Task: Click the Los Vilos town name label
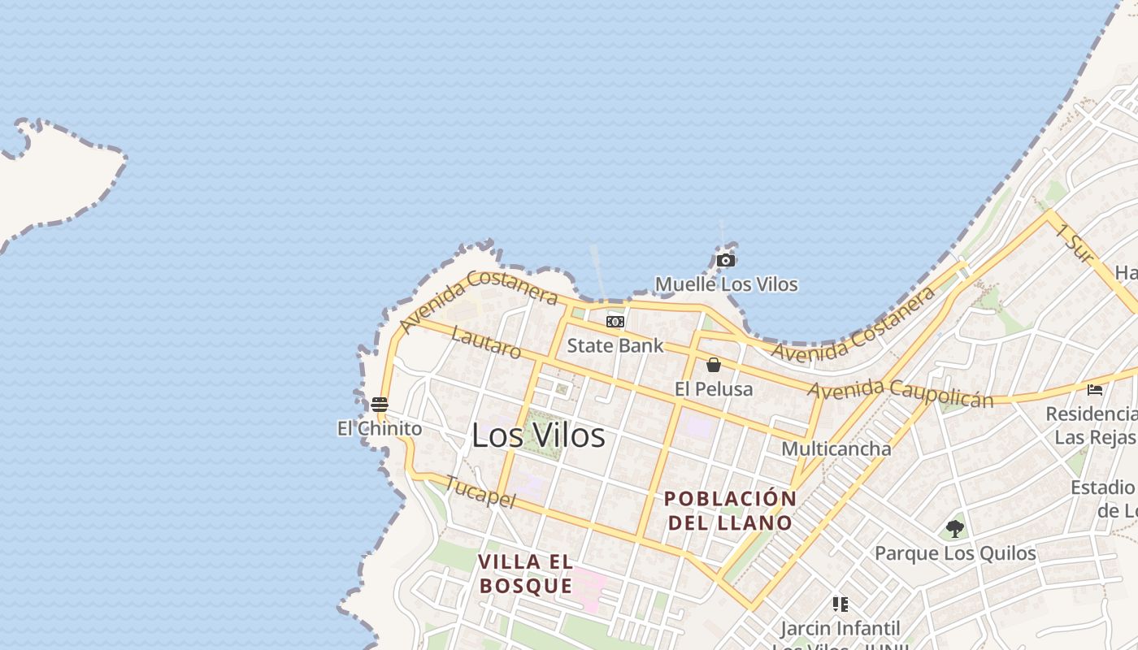click(538, 435)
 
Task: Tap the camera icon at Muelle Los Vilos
click(726, 261)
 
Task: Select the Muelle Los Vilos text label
click(726, 284)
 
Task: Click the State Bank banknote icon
click(615, 322)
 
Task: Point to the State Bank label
click(615, 345)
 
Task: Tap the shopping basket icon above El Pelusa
click(714, 365)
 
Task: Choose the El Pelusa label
click(714, 389)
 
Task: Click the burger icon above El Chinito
click(379, 404)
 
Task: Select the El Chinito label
click(380, 428)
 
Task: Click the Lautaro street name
click(486, 343)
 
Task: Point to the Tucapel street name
click(480, 492)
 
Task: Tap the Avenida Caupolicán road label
click(900, 393)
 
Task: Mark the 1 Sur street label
click(1075, 243)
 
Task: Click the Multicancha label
click(836, 448)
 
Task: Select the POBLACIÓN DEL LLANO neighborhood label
click(730, 510)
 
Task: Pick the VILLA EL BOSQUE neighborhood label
click(525, 574)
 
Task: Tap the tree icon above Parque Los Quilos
click(955, 529)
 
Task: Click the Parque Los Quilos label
click(955, 553)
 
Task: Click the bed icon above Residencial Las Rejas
click(1095, 390)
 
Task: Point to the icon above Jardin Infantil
click(840, 604)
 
